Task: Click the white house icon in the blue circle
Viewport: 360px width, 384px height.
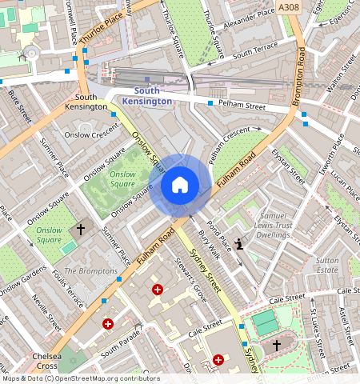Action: (180, 186)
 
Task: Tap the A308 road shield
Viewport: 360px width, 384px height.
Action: (289, 7)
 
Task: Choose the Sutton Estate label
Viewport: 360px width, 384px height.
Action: (327, 266)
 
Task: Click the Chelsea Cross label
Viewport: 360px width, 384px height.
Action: (40, 361)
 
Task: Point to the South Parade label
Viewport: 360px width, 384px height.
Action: (120, 351)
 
